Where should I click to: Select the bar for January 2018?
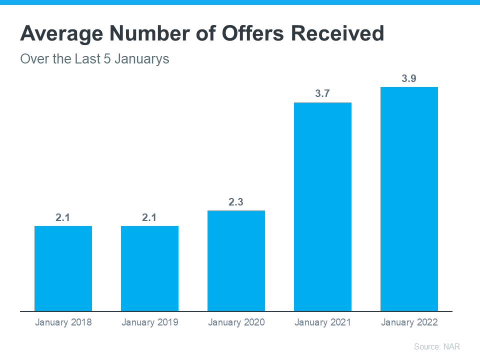[x=63, y=268]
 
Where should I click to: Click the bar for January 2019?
[x=149, y=268]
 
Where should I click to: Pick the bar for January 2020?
[x=236, y=260]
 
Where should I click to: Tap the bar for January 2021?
[x=322, y=206]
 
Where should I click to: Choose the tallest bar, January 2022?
[x=409, y=199]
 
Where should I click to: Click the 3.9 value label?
[x=409, y=78]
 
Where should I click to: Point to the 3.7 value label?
[x=322, y=94]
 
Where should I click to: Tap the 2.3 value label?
[x=236, y=202]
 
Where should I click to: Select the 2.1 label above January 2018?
[x=63, y=217]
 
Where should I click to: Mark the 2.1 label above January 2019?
[x=149, y=217]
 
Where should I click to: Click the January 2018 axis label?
[x=63, y=322]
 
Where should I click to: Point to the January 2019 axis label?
[x=149, y=322]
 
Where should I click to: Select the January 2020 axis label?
[x=236, y=322]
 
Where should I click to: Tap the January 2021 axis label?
[x=322, y=322]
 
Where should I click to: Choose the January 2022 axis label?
[x=409, y=322]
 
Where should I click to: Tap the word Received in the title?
[x=338, y=33]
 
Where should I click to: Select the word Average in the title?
[x=56, y=33]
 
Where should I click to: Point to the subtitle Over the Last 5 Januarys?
[x=94, y=59]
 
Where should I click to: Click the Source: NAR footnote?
[x=436, y=346]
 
